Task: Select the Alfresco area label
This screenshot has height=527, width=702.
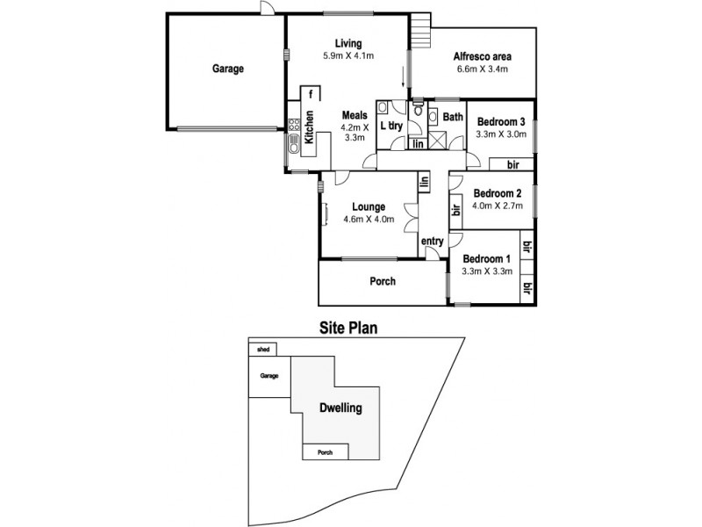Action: (x=483, y=57)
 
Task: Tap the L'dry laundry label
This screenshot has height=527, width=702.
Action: (x=391, y=126)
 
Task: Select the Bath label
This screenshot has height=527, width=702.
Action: (x=452, y=117)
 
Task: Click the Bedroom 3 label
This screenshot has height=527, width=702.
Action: (x=500, y=122)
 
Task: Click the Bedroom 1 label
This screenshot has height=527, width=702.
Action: (x=486, y=259)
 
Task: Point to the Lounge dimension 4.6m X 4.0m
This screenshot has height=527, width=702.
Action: (x=369, y=219)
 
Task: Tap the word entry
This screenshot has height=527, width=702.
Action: (x=432, y=241)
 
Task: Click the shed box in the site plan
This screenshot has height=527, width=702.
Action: (x=262, y=349)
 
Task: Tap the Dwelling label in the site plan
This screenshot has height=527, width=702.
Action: (x=340, y=408)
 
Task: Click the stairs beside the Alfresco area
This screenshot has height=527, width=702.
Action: (x=423, y=32)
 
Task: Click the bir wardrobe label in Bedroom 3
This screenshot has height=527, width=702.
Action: (x=513, y=164)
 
